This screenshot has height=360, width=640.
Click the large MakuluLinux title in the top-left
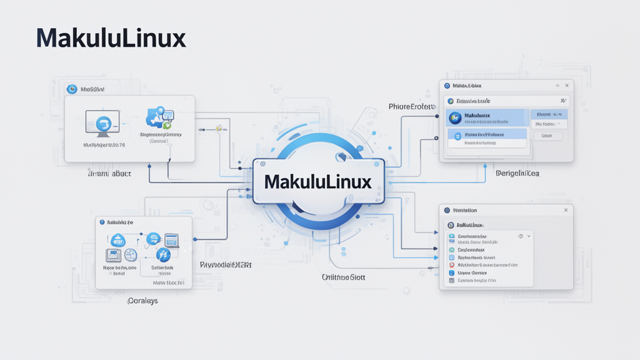pos(111,39)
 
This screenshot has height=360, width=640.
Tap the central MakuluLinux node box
pos(318,182)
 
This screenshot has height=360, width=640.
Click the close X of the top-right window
pos(567,86)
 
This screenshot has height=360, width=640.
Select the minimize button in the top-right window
pos(556,86)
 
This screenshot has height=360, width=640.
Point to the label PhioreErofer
pos(411,107)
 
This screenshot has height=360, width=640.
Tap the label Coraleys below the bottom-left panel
pos(142,301)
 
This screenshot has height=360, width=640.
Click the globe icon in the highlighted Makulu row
pos(455,117)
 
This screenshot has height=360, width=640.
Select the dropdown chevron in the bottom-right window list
pos(529,236)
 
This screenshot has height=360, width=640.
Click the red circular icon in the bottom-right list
pos(451,273)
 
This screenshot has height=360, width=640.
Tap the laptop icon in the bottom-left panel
pos(171,240)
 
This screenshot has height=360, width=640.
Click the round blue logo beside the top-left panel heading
pos(71,89)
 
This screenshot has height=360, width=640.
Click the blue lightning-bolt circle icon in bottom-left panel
pos(162,254)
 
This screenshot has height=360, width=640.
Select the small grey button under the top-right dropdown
pos(547,136)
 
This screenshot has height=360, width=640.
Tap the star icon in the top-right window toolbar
pos(562,101)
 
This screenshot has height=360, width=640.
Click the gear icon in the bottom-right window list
pos(520,236)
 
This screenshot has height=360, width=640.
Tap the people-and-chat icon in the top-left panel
pos(160,117)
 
